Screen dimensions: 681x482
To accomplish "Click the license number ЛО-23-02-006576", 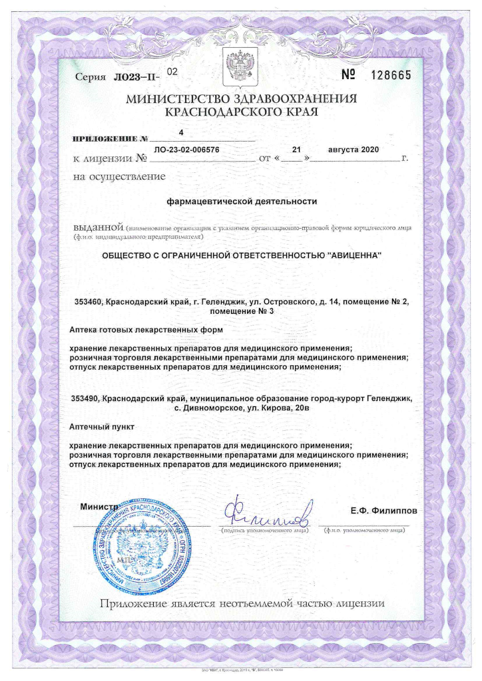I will tap(186, 150).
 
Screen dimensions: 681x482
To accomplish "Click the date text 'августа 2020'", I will tap(354, 150).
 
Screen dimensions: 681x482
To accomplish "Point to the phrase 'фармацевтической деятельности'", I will tap(241, 200).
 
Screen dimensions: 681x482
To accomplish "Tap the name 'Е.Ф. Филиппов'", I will tap(384, 511).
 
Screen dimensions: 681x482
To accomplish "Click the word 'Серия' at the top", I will tap(91, 78).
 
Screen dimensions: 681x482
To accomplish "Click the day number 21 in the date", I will tap(297, 150).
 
